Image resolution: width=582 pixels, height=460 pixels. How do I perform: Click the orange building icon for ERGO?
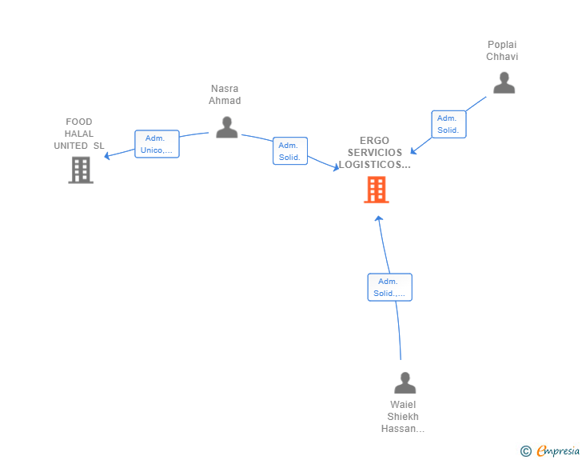coord(377,190)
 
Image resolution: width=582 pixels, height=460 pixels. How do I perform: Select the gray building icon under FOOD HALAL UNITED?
coord(81,170)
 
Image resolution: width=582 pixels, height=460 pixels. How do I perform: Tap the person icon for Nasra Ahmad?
coord(227,127)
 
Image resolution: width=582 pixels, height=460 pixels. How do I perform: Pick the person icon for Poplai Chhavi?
coord(504,83)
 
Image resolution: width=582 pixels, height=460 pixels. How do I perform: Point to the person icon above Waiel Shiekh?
coord(405,382)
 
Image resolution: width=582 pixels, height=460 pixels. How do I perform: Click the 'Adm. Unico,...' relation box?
coord(157,144)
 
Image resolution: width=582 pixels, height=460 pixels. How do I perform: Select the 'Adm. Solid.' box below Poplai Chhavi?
coord(448,124)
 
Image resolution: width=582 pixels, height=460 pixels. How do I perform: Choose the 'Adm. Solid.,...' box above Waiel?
coord(390,287)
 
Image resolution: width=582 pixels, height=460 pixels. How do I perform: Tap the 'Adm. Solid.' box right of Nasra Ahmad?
coord(290,151)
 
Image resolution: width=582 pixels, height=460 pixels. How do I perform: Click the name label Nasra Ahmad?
coord(225,94)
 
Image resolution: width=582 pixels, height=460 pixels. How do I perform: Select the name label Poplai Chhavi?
coord(502,50)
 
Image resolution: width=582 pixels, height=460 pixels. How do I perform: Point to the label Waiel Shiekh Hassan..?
coord(403,417)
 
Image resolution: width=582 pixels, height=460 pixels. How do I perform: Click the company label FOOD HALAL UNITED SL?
coord(79,134)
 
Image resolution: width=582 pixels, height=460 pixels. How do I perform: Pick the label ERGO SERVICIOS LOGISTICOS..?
coord(374,152)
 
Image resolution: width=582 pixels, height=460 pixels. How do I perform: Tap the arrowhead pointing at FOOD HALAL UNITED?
coord(107,156)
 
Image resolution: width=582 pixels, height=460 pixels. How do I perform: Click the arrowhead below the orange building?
coord(379,219)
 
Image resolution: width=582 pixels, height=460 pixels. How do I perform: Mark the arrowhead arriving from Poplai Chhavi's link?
coord(413,150)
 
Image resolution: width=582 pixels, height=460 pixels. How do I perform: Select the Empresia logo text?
coord(558,450)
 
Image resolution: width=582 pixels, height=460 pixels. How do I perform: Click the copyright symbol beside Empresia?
coord(526,451)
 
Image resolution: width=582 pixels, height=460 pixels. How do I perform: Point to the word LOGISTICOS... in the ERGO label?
coord(374,165)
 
